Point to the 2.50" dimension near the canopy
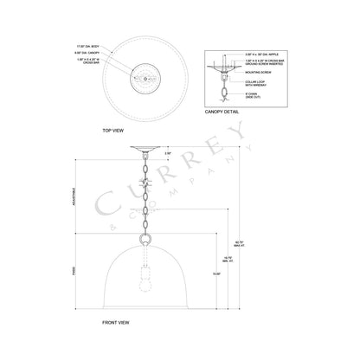(x=168, y=153)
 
